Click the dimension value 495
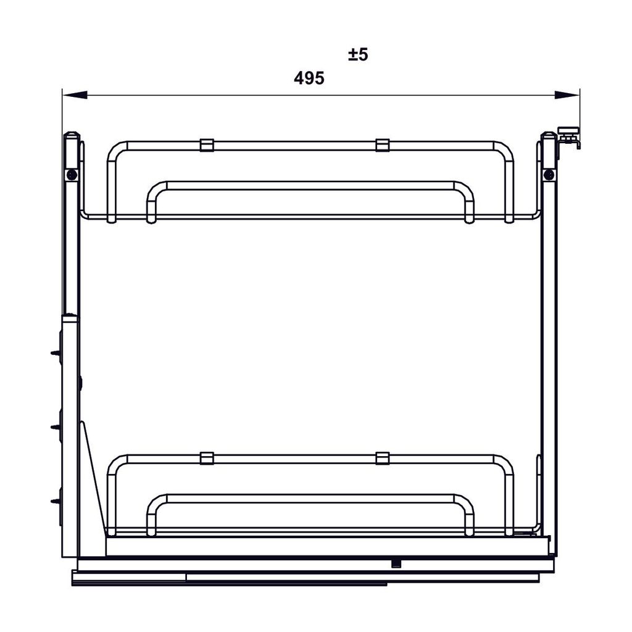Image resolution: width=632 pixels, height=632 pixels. pos(309,78)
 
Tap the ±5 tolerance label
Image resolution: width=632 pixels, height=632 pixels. pos(358,55)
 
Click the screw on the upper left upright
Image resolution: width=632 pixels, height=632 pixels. pos(73,175)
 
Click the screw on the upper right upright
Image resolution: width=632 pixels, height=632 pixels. pos(549,175)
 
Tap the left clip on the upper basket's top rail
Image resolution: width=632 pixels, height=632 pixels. pos(207,145)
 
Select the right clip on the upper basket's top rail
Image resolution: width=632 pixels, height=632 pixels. pos(383,145)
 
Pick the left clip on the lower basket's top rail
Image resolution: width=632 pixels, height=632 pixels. pos(207,458)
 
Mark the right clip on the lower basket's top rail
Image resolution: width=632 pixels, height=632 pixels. pos(383,458)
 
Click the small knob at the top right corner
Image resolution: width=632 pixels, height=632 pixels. pos(569,130)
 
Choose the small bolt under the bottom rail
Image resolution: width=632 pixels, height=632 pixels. pos(396,563)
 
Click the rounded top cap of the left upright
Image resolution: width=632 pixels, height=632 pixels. pos(72,136)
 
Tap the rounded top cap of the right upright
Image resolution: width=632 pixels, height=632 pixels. pos(548,136)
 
